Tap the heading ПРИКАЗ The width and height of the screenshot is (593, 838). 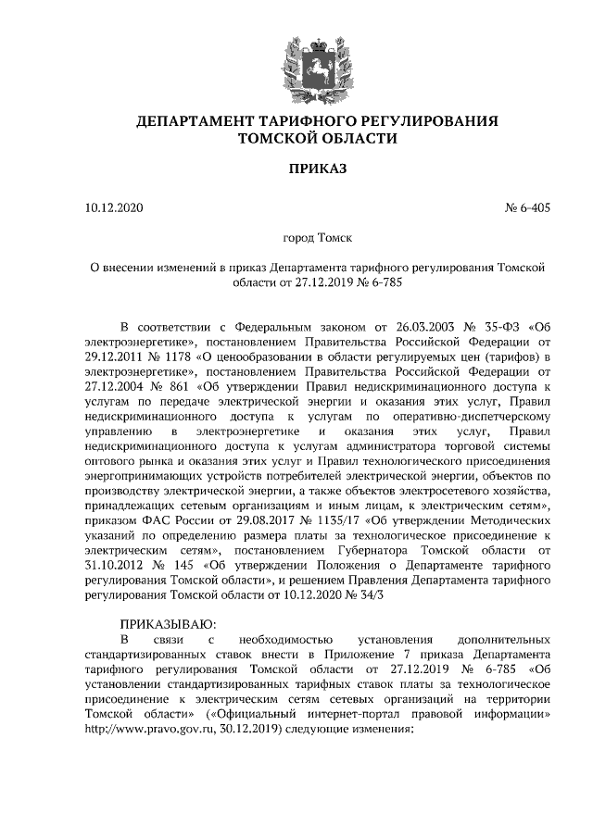coord(317,171)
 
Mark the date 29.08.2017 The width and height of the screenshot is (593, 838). coord(252,521)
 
